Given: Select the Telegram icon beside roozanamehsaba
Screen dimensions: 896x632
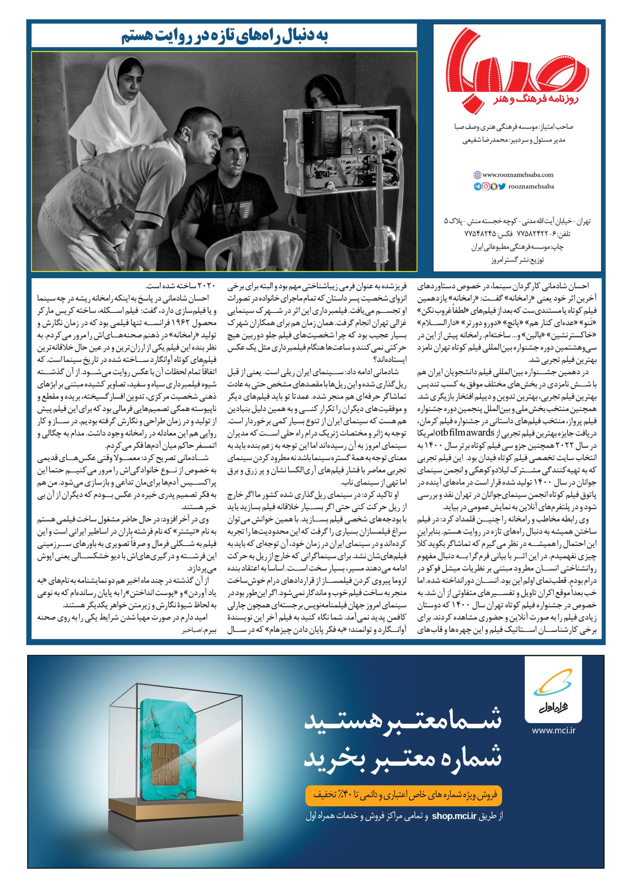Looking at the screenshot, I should pos(478,186).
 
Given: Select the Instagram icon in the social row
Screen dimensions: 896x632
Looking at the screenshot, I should pos(486,186).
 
